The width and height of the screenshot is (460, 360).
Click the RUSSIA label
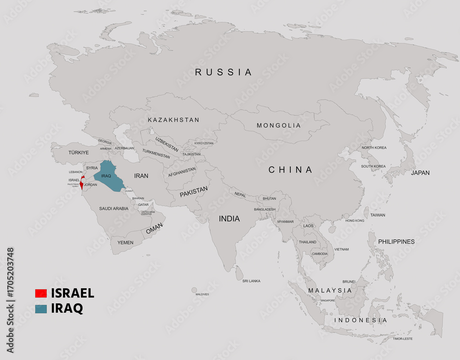click(224, 72)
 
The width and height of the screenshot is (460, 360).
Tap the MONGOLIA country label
click(278, 125)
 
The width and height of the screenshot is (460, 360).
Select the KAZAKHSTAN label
click(173, 120)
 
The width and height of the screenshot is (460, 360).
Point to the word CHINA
click(290, 170)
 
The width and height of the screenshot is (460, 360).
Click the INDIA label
click(229, 219)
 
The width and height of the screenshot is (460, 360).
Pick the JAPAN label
click(420, 173)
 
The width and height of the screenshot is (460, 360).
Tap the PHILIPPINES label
click(396, 241)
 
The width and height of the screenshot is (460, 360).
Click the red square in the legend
click(41, 293)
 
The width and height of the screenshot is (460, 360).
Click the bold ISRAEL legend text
click(73, 293)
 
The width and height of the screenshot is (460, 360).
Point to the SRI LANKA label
click(251, 281)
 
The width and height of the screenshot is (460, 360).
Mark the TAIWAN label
click(378, 215)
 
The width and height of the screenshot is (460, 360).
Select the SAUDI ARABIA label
click(114, 209)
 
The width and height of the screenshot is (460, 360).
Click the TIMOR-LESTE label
click(402, 339)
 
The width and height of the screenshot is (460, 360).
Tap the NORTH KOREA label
click(374, 148)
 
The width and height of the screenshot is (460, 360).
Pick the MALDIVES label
click(202, 294)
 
